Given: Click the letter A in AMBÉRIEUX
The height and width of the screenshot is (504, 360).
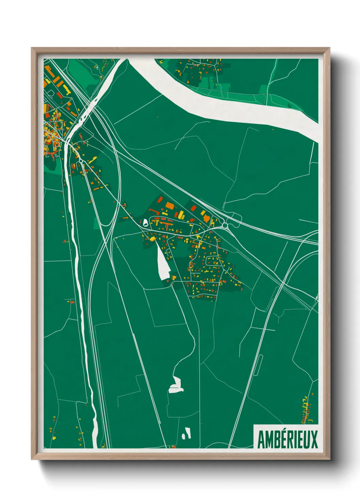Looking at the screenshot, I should pos(261,440).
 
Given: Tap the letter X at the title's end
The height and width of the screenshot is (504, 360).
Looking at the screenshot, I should pos(314,440).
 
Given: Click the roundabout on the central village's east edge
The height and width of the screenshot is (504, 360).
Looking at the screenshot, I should pos(225,225).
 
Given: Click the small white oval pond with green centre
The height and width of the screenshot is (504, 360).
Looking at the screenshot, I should pos(146,223).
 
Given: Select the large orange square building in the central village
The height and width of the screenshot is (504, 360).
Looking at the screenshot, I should pos(169,206).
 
